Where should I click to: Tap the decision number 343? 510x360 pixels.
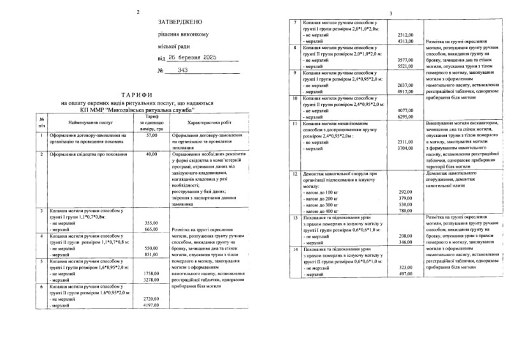coord(171,71)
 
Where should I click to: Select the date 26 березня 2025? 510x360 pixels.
coord(189,58)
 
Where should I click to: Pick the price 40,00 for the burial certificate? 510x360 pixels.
coord(151,154)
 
